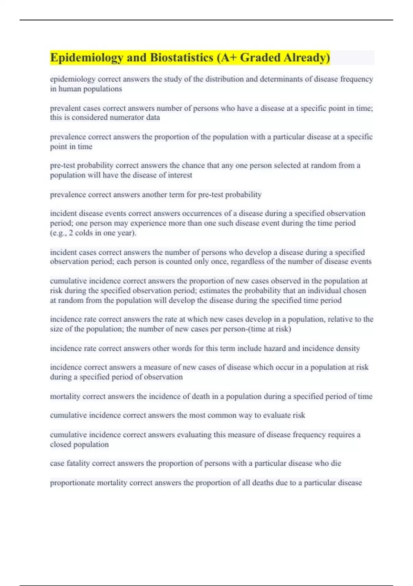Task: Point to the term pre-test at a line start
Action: click(x=62, y=165)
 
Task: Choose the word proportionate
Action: click(x=72, y=483)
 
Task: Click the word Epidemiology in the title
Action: click(x=86, y=58)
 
